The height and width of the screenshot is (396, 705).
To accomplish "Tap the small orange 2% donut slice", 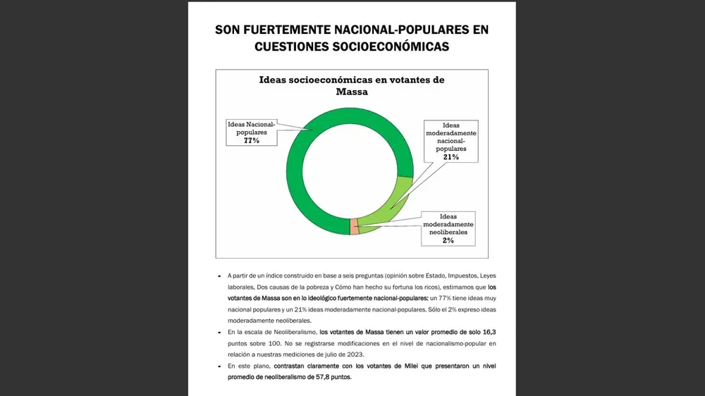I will [355, 226].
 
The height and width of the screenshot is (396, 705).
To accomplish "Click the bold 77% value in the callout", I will [252, 140].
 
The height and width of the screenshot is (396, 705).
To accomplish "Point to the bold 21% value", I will [451, 157].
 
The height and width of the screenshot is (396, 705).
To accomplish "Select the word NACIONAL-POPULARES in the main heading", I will [397, 30].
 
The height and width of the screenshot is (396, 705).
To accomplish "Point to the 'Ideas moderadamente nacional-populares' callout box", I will [451, 141].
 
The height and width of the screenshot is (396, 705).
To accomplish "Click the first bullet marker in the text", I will [219, 276].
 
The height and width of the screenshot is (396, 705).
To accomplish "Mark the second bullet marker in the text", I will [219, 331].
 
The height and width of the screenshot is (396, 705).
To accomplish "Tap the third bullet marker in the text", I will [219, 366].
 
